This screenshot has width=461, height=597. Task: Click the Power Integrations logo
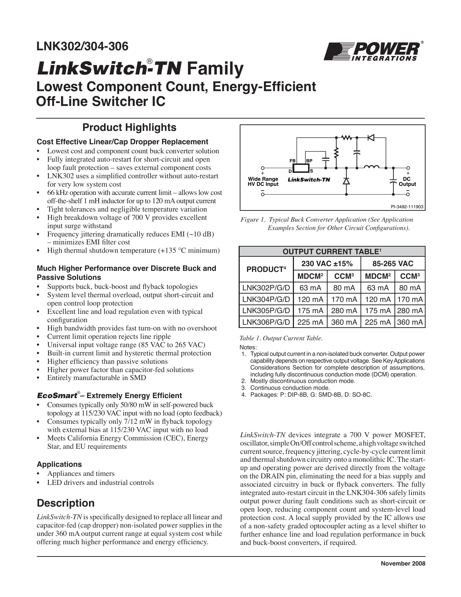click(372, 51)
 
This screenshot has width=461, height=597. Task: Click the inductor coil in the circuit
click(371, 167)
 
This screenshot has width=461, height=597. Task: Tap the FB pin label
click(293, 161)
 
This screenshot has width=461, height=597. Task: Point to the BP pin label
click(310, 161)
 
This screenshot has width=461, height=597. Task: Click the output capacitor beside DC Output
click(392, 181)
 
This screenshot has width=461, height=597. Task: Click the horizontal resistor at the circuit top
click(347, 137)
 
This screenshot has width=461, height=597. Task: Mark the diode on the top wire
click(371, 137)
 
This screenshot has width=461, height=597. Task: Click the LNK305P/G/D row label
click(266, 311)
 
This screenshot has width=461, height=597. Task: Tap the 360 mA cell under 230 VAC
click(344, 322)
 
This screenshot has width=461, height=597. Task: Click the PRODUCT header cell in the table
click(266, 269)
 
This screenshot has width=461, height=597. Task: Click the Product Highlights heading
click(129, 128)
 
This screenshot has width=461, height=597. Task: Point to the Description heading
click(65, 503)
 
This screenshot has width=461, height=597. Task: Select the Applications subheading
click(59, 464)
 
